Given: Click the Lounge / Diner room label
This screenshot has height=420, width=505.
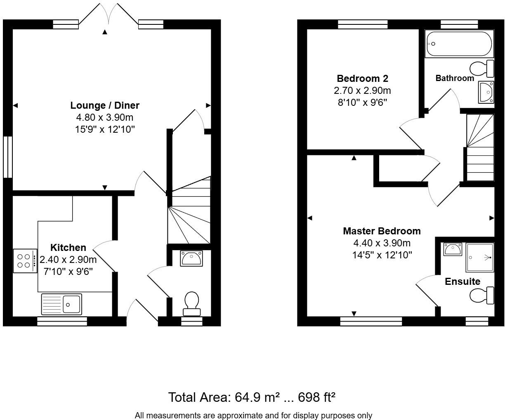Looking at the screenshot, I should tap(105, 105).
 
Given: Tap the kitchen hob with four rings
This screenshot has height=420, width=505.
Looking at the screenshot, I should tap(24, 261).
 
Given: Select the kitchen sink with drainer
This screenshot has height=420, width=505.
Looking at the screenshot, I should tap(61, 304).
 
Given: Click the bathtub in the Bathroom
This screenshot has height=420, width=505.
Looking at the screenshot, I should tap(459, 44).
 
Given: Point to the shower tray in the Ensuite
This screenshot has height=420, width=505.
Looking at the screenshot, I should tap(479, 257).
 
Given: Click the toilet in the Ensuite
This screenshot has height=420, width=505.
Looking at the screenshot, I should tap(481, 296).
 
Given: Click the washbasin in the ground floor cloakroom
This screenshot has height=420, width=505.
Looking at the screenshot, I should tap(191, 258).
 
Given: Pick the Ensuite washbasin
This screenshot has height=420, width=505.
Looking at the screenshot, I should tap(452, 249).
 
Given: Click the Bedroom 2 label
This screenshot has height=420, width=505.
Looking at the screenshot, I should tap(362, 79).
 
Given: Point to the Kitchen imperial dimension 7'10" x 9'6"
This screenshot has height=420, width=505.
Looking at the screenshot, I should tap(68, 271).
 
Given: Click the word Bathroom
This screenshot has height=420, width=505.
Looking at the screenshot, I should tap(455, 78).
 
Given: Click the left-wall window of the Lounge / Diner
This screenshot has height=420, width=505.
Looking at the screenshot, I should tap(8, 157).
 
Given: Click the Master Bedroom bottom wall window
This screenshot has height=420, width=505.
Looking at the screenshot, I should tap(371, 321).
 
